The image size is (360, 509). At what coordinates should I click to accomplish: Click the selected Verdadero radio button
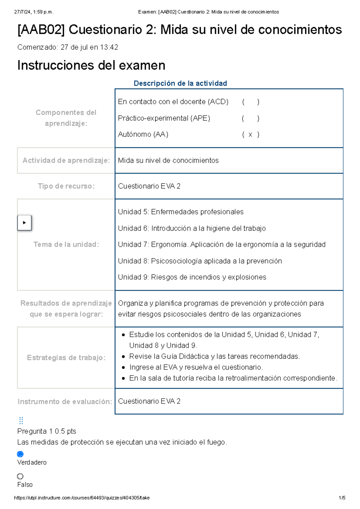[x=20, y=454]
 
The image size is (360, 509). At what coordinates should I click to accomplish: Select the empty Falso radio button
[x=20, y=476]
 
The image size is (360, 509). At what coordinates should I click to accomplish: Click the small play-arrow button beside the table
[x=24, y=223]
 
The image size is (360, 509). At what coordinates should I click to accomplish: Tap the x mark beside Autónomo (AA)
[x=250, y=135]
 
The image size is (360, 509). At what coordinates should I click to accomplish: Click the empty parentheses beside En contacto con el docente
[x=250, y=102]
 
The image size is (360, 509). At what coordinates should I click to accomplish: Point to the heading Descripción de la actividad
[x=180, y=83]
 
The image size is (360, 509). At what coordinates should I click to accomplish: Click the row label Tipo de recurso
[x=66, y=186]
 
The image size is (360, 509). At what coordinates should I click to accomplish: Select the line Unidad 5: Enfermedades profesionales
[x=181, y=212]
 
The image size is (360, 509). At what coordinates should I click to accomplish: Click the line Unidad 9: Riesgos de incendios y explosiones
[x=192, y=277]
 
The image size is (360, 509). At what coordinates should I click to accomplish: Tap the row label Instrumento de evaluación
[x=65, y=402]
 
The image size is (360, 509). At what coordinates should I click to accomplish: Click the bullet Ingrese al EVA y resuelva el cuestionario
[x=196, y=367]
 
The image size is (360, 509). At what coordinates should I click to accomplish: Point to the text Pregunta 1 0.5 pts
[x=47, y=431]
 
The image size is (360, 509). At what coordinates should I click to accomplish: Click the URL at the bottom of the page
[x=82, y=498]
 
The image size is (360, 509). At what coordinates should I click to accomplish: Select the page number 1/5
[x=342, y=498]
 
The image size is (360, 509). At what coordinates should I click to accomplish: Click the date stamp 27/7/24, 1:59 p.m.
[x=34, y=12]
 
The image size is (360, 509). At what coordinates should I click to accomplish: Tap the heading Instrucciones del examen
[x=91, y=65]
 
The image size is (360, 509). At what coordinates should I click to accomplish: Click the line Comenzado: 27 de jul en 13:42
[x=68, y=47]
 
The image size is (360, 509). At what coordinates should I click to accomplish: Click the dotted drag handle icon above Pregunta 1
[x=21, y=420]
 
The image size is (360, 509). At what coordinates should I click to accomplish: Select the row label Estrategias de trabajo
[x=66, y=358]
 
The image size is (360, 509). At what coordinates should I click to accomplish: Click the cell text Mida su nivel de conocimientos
[x=168, y=160]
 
